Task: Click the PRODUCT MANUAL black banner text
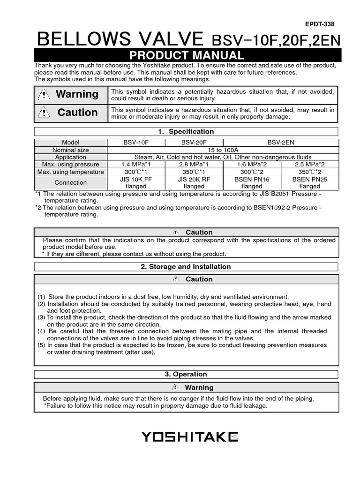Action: tap(186, 55)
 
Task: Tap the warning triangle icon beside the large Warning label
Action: tap(43, 95)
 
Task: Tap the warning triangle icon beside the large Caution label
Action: tap(43, 113)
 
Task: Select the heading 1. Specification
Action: tap(186, 132)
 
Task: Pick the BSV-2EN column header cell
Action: tap(280, 142)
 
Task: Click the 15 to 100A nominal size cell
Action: tap(223, 150)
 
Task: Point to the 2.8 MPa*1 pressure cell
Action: tap(194, 165)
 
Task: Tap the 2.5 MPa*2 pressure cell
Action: tap(309, 165)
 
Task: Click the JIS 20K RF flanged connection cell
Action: tap(194, 183)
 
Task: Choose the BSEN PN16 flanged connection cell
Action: tap(252, 183)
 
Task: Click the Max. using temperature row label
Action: tap(70, 172)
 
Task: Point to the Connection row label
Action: tap(70, 183)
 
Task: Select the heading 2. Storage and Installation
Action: tap(186, 267)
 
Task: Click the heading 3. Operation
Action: tap(186, 374)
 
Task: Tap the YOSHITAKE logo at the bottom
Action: tap(190, 437)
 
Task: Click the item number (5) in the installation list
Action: tap(42, 345)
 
